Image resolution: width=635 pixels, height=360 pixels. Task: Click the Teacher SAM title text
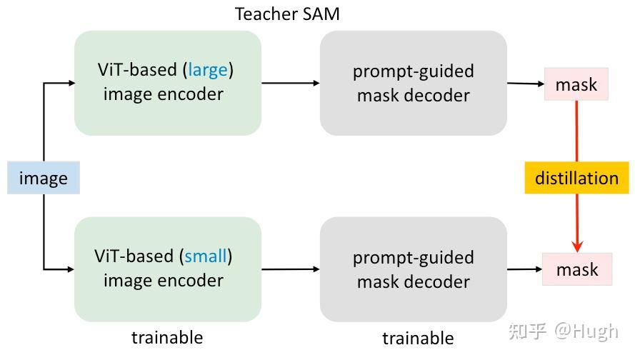(287, 14)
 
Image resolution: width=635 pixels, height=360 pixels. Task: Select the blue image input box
(43, 178)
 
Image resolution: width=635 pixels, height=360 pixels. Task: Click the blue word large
(208, 70)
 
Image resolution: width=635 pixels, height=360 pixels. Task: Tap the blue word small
(206, 256)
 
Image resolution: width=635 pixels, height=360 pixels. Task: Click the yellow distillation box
(576, 178)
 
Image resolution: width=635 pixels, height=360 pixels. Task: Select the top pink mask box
(576, 84)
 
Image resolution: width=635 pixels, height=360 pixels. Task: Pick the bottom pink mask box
(577, 269)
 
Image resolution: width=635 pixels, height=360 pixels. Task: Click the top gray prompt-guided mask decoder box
(413, 83)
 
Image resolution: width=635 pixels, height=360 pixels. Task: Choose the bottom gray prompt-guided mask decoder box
(413, 269)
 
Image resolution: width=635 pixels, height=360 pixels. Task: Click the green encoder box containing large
(167, 83)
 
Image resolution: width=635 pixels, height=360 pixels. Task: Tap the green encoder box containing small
(167, 269)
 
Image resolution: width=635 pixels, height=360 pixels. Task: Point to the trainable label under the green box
(167, 337)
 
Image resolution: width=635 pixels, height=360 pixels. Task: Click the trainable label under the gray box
(418, 338)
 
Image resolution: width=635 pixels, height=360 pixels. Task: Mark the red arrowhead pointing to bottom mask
(577, 247)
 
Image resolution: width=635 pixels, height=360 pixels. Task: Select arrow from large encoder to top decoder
(290, 83)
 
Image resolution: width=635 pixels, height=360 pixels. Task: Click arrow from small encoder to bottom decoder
(290, 269)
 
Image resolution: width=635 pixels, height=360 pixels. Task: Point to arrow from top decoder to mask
(526, 84)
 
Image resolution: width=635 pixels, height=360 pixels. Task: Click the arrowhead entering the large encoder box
(71, 83)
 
